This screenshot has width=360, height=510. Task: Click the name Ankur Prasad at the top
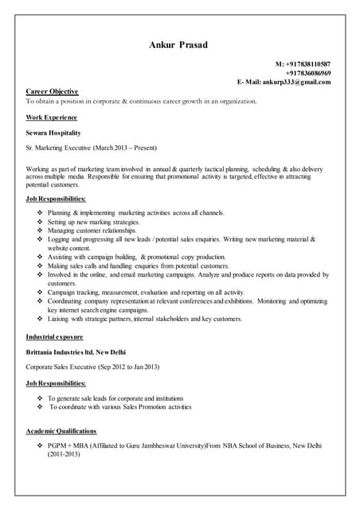(178, 45)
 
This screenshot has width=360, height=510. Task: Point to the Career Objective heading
(53, 92)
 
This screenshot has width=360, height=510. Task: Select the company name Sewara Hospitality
(53, 132)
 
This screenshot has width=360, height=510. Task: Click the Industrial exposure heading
(57, 336)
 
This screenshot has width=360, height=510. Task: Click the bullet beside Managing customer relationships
(41, 230)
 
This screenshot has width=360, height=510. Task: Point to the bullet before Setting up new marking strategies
(41, 222)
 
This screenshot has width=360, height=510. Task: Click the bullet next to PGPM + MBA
(41, 446)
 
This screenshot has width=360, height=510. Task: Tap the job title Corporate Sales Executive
(64, 367)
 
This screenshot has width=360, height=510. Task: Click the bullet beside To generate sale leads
(41, 398)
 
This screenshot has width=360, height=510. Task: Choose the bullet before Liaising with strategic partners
(41, 319)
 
